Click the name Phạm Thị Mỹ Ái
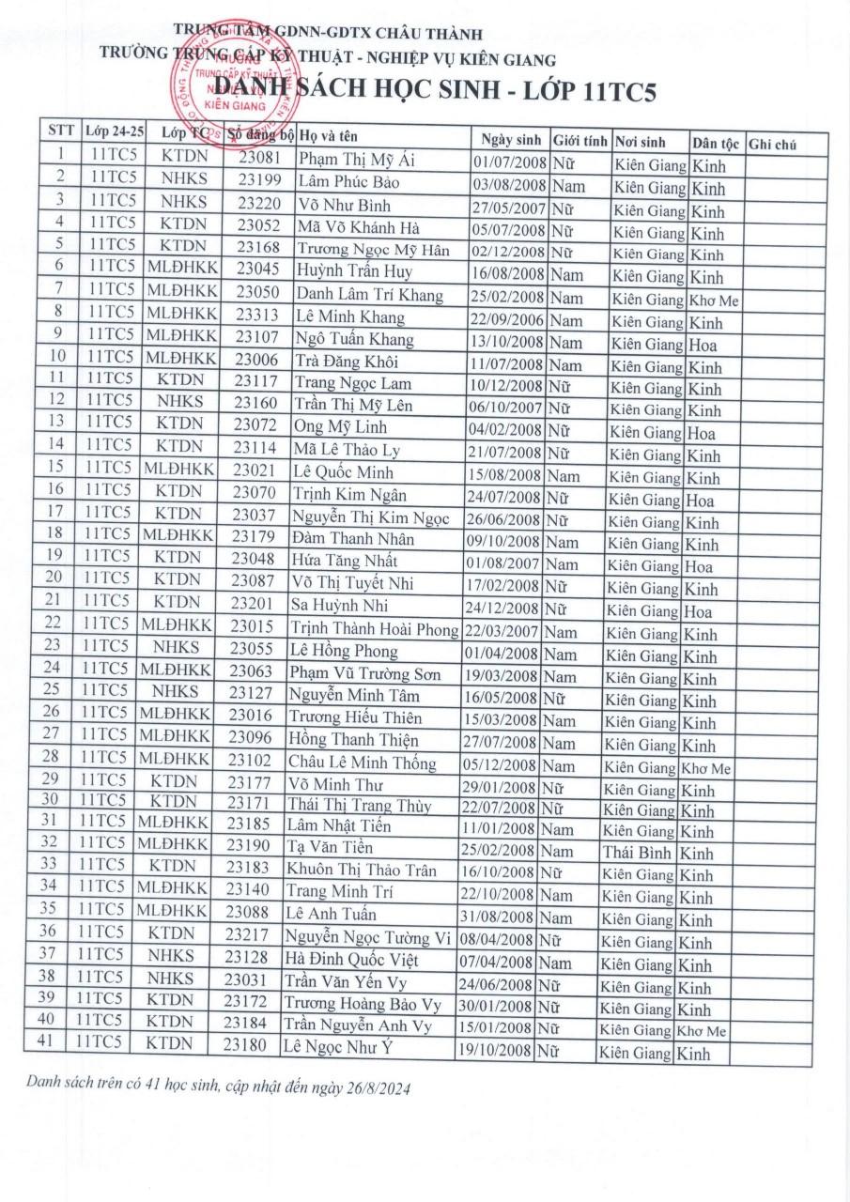(343, 161)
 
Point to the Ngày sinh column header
(506, 141)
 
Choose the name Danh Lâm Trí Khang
(369, 296)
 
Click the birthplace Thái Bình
(634, 853)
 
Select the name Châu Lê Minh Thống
(362, 763)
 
